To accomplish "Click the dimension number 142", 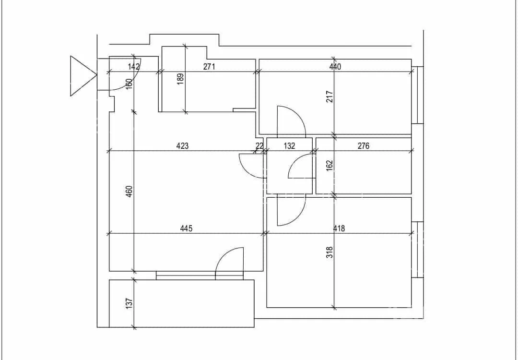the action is pos(134,66).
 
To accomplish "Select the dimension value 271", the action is pos(209,66).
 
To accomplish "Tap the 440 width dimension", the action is pos(335,66).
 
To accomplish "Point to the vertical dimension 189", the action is pos(180,79).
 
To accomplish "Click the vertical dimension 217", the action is pos(330,96).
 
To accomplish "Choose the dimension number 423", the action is pos(182,146).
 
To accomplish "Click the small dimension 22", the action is pos(259,146).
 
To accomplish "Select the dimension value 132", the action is pos(289,146).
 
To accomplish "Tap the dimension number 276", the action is pos(364,146).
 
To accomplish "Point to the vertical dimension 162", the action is pos(330,166).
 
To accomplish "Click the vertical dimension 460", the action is pos(129,192).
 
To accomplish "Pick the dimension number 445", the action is pos(186,228).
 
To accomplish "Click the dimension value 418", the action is pos(339,228).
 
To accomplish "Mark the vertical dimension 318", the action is pos(330,252).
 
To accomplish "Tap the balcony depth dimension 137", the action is pos(129,303).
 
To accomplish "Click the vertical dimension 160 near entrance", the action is pos(129,83).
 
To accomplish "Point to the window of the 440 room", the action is pos(418,95).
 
